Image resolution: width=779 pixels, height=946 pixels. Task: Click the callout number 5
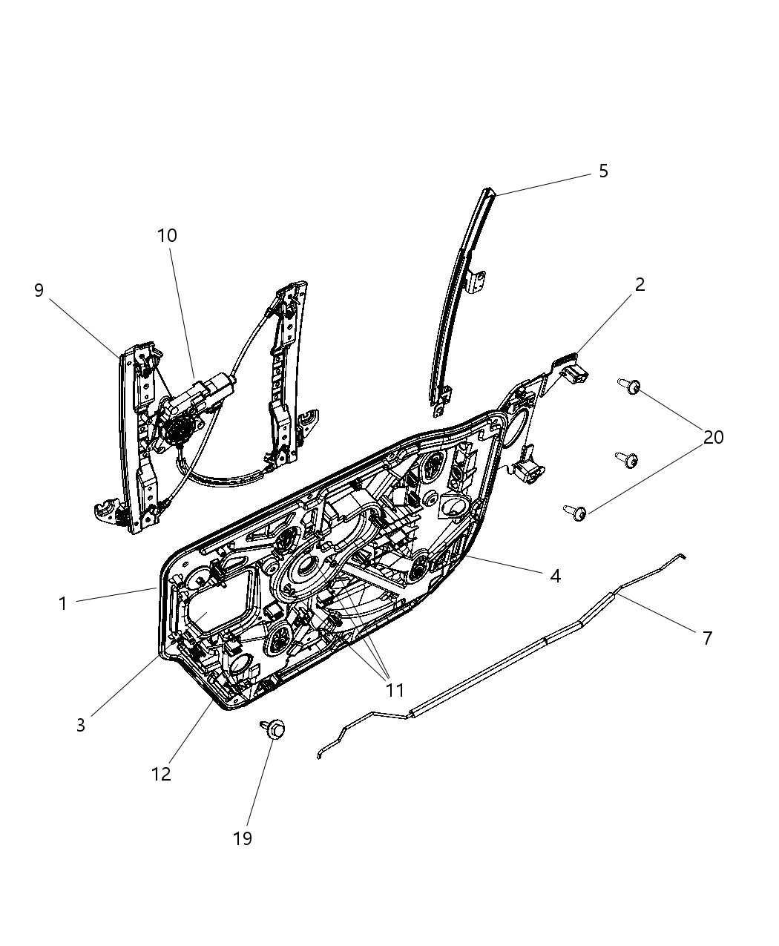[x=602, y=171]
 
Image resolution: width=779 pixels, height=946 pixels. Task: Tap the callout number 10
[x=167, y=236]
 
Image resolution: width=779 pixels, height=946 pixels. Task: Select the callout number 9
[x=39, y=290]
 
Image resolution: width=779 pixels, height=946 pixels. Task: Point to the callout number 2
[x=639, y=284]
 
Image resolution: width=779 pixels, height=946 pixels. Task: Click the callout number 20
[x=713, y=437]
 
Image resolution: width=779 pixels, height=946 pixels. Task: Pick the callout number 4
[x=555, y=576]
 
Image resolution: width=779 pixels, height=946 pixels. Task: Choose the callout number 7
[x=706, y=637]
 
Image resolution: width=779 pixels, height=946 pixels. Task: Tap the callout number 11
[x=395, y=690]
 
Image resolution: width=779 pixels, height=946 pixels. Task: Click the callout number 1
[x=63, y=603]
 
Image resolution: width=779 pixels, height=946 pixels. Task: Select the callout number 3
[x=81, y=725]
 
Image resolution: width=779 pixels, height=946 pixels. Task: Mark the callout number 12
[x=161, y=774]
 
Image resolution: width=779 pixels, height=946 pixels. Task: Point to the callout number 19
[x=242, y=838]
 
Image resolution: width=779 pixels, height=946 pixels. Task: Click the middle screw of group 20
[x=627, y=460]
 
